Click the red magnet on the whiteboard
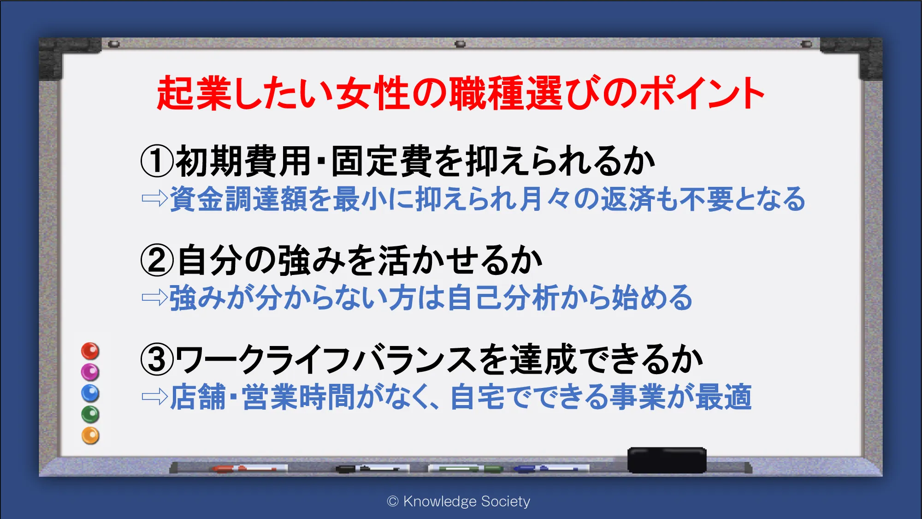point(90,351)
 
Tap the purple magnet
point(90,372)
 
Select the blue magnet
point(90,393)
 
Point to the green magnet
point(90,414)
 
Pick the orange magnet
point(90,435)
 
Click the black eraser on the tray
point(667,460)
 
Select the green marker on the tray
point(466,469)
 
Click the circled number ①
point(158,161)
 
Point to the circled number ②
point(158,260)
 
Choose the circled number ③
point(158,359)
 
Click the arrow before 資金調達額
point(155,198)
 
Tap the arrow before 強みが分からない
point(155,298)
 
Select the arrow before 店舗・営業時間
point(155,396)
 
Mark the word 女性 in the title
point(373,93)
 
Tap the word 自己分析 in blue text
point(503,298)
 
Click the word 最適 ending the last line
point(724,397)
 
